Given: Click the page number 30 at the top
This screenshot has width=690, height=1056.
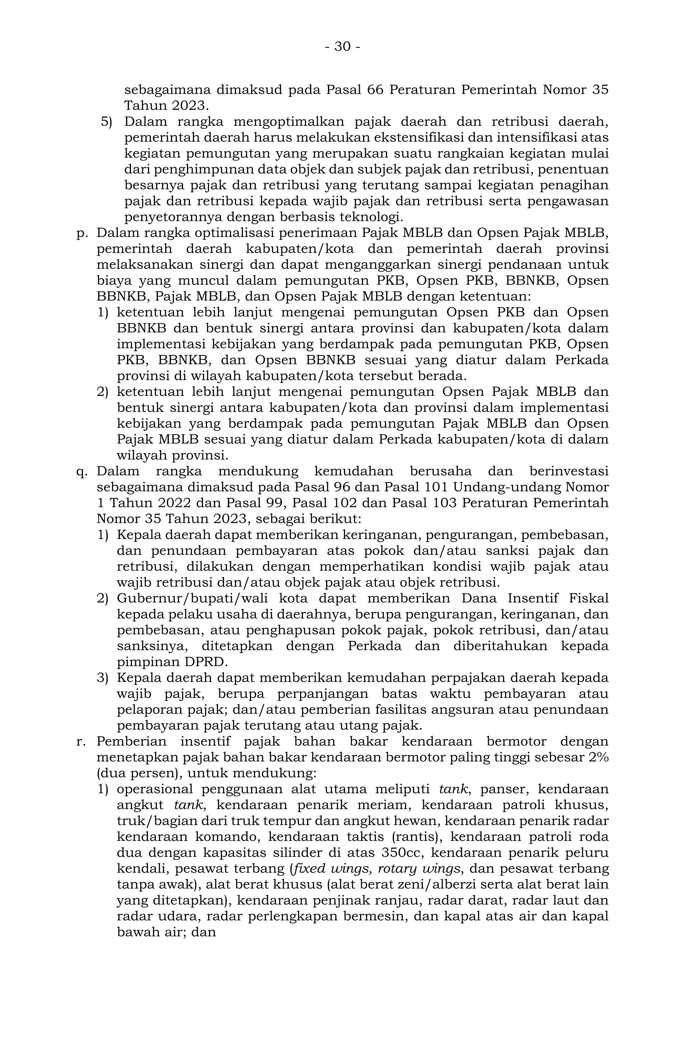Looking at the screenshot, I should (342, 47).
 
